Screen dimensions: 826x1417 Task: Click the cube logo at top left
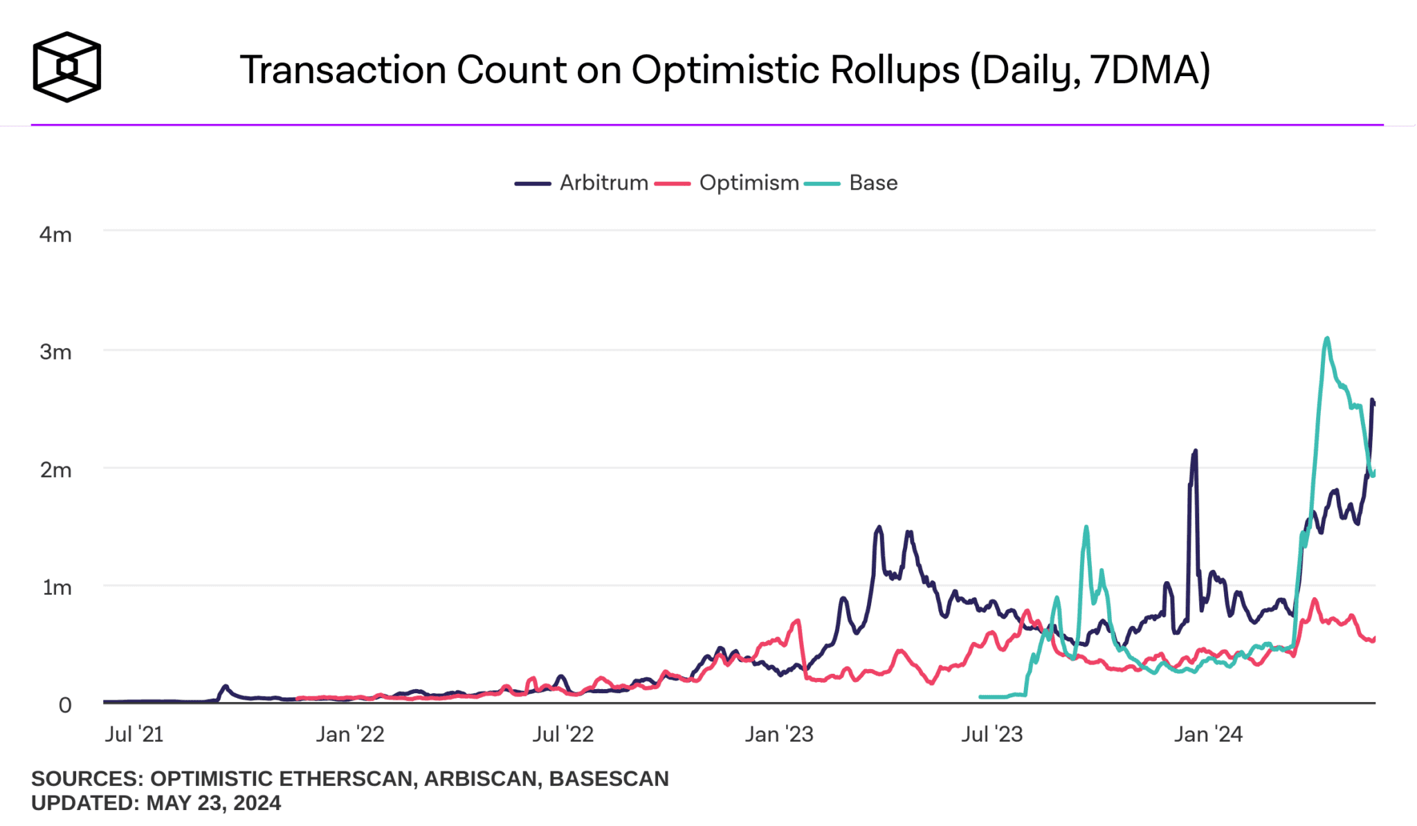(x=66, y=67)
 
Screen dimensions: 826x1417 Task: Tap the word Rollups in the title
(x=895, y=70)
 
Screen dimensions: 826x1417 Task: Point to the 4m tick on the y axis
(x=55, y=235)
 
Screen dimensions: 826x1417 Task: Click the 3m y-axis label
(x=55, y=352)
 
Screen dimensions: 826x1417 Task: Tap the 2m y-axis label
(x=55, y=470)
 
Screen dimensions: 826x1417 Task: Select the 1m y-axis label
(x=57, y=587)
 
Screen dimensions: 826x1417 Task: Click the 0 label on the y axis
(x=65, y=705)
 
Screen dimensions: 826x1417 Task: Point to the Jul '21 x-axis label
(x=134, y=734)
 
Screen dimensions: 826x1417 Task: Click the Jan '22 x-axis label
(x=350, y=734)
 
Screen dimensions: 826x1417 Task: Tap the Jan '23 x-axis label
(x=779, y=734)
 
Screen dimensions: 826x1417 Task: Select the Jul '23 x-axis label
(x=991, y=734)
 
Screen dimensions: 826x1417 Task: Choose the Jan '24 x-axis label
(x=1208, y=734)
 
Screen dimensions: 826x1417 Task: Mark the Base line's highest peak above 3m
(x=1326, y=338)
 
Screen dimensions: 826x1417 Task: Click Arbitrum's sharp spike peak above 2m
(x=1195, y=451)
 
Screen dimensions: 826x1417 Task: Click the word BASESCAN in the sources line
(x=608, y=779)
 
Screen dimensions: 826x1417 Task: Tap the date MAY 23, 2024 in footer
(x=214, y=803)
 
